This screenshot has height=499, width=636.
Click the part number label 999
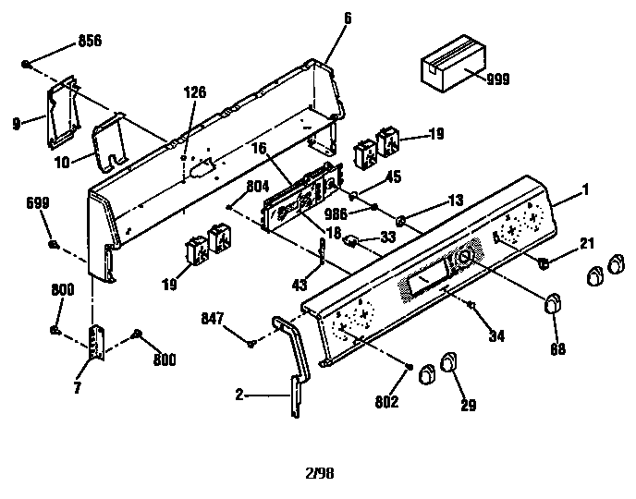(x=497, y=80)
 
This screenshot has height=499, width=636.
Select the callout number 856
(x=89, y=43)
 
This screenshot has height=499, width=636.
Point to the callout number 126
(x=194, y=92)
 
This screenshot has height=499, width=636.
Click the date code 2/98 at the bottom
(x=319, y=473)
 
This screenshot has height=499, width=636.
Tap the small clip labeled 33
(x=352, y=241)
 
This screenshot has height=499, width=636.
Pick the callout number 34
(x=497, y=335)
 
